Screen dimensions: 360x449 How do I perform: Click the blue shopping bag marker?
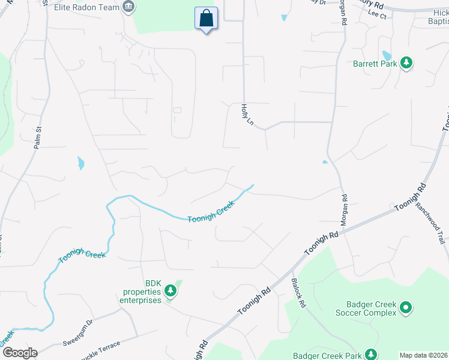coord(206,19)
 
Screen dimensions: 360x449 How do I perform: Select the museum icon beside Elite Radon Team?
coord(128,7)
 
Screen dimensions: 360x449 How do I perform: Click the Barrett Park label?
coord(376,62)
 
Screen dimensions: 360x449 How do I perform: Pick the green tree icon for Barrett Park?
coord(406,62)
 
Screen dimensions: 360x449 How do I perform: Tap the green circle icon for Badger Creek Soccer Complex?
coord(406,308)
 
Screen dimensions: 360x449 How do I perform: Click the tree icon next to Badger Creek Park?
coord(372,355)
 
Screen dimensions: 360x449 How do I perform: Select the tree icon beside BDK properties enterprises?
coord(170,291)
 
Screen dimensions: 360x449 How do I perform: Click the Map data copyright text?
coord(424,355)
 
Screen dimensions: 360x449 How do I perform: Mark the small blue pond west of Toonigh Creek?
coord(81,163)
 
